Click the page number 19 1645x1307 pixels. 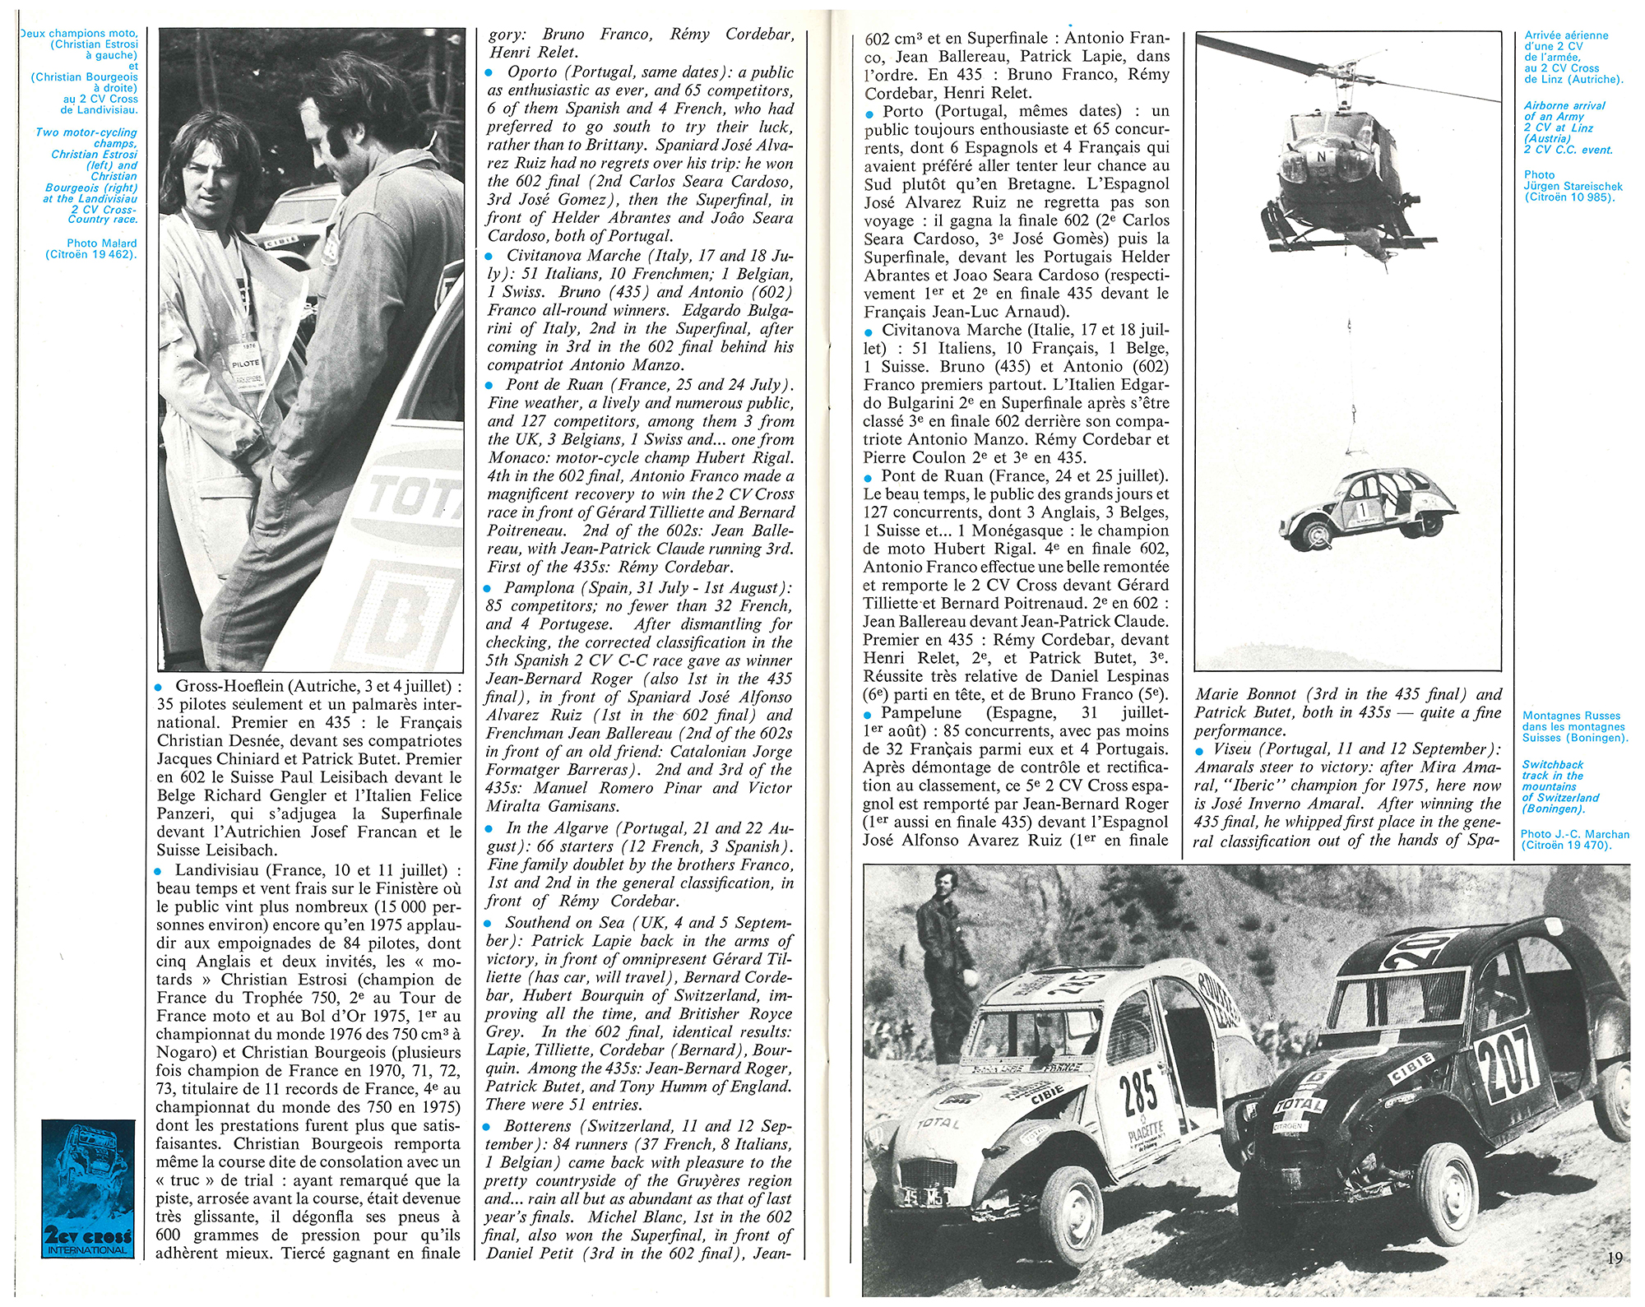tap(1613, 1258)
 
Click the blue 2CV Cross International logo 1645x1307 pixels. tap(88, 1189)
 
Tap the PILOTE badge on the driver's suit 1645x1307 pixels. tap(246, 363)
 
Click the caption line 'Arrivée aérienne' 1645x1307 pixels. tap(1566, 35)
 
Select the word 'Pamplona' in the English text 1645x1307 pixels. tap(540, 587)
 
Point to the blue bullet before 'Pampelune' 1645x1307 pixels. tap(869, 714)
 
